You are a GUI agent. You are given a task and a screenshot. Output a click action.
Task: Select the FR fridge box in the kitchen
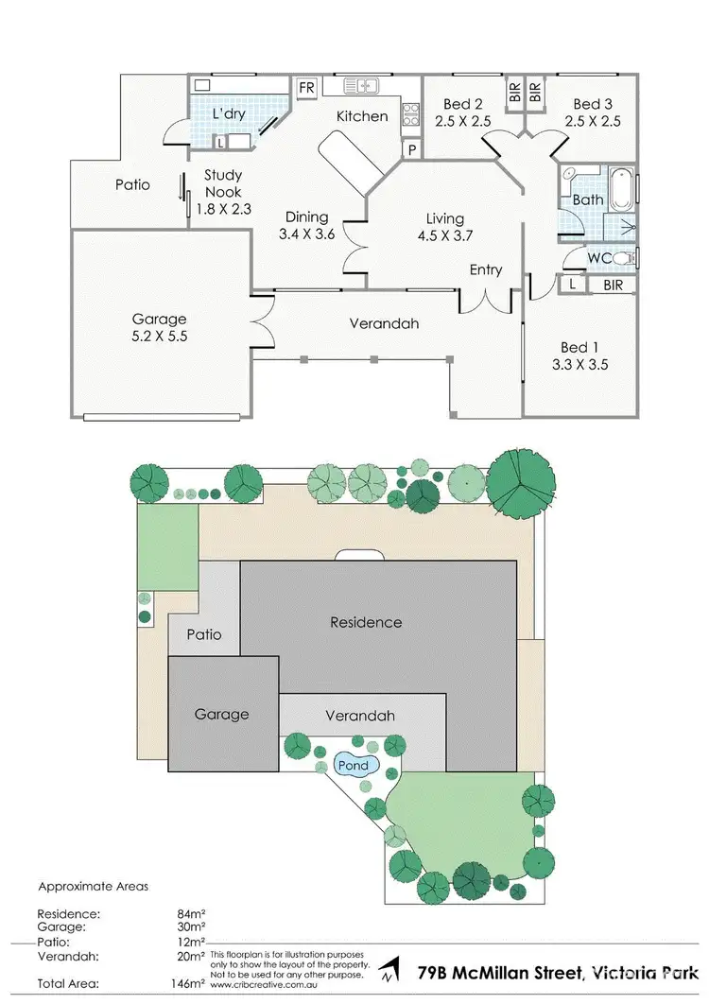[x=306, y=87]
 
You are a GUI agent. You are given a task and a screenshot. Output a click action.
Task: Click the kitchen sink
[x=360, y=86]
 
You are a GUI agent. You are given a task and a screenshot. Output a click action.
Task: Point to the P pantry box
[x=412, y=149]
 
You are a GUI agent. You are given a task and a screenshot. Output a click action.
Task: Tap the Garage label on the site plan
[x=222, y=714]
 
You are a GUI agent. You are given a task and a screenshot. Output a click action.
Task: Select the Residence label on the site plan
[x=365, y=622]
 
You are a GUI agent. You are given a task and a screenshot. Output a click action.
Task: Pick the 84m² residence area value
[x=191, y=913]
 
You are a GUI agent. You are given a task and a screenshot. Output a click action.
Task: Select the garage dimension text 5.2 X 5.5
[x=160, y=335]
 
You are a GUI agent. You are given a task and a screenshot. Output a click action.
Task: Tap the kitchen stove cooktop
[x=411, y=115]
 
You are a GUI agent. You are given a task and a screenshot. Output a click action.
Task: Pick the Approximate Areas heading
[x=93, y=887]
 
